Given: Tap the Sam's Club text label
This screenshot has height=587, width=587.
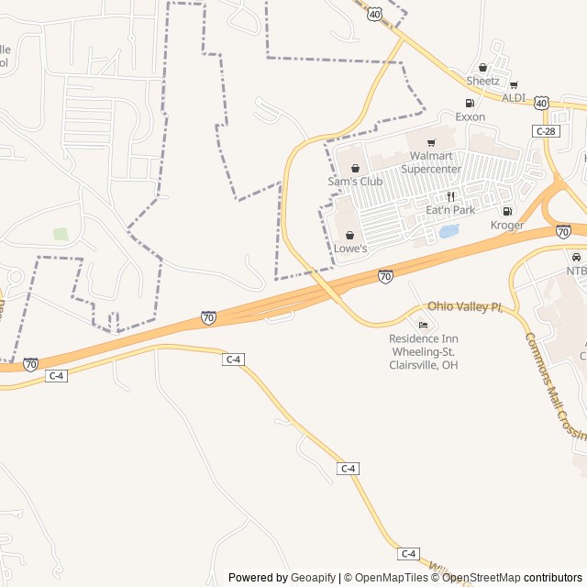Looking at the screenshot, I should pyautogui.click(x=355, y=182).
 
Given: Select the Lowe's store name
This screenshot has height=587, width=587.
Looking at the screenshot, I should pyautogui.click(x=350, y=249).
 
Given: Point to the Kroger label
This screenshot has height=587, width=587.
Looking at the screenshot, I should pyautogui.click(x=507, y=225).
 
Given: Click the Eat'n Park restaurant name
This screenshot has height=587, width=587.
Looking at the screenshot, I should pyautogui.click(x=450, y=210).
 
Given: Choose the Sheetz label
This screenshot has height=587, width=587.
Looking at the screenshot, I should pyautogui.click(x=482, y=81).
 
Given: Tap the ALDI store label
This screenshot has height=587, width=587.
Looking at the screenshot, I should pyautogui.click(x=514, y=97).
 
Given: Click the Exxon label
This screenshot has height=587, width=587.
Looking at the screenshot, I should pyautogui.click(x=471, y=116).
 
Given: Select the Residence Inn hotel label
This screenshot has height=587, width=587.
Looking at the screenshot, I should pyautogui.click(x=423, y=351).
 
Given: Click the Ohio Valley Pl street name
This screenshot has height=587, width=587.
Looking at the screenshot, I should pyautogui.click(x=465, y=306).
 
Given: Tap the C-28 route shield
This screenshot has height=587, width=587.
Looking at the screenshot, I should pyautogui.click(x=545, y=132).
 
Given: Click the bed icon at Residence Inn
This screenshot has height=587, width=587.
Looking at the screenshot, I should pyautogui.click(x=423, y=325).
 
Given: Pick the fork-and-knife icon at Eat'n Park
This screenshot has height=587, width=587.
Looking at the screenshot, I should pyautogui.click(x=450, y=196).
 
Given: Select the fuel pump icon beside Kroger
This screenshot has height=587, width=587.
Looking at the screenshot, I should pyautogui.click(x=507, y=212).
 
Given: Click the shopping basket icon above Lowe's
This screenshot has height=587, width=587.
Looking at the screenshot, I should pyautogui.click(x=349, y=235).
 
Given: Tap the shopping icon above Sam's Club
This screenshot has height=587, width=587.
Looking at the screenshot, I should pyautogui.click(x=355, y=168).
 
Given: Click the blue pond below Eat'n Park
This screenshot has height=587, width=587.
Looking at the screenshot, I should pyautogui.click(x=449, y=231).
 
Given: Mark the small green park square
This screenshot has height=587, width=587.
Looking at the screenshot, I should pyautogui.click(x=61, y=234).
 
